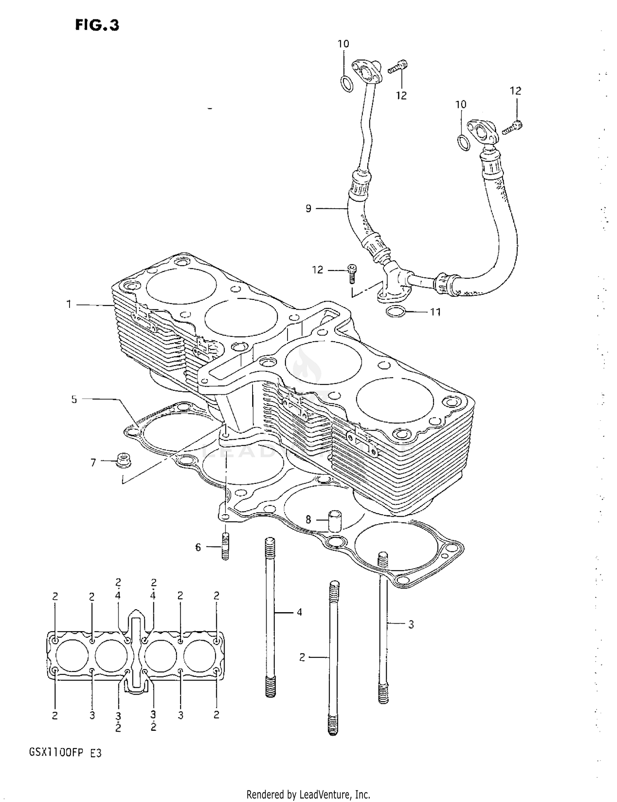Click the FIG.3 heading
tap(97, 26)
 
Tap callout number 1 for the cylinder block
tap(69, 304)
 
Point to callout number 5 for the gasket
tap(74, 399)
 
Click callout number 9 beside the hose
tap(308, 208)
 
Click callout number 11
tap(435, 312)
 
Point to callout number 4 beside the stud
tap(299, 612)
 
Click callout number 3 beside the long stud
tap(411, 625)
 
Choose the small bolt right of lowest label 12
tap(352, 273)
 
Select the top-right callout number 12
tap(515, 91)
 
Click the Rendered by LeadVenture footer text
tap(308, 794)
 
